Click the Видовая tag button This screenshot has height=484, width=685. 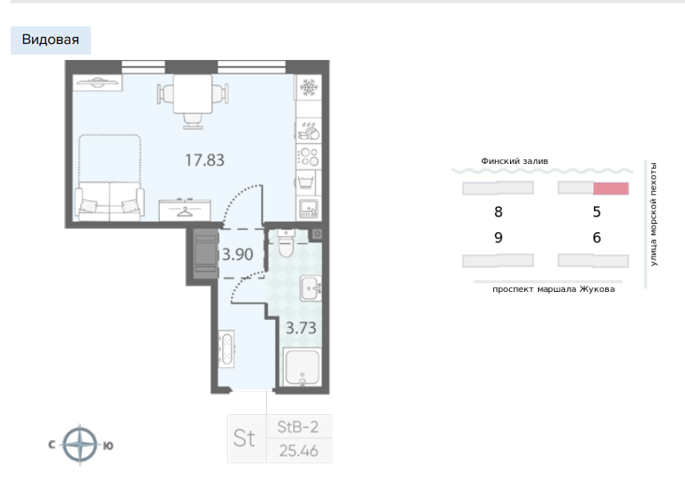[50, 40]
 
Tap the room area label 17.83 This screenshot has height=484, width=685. [205, 160]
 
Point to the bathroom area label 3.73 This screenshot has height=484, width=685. [301, 326]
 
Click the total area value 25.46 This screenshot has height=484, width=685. [299, 450]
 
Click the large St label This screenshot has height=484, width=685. [245, 438]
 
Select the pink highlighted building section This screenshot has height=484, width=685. [611, 189]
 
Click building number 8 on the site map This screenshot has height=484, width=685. [498, 213]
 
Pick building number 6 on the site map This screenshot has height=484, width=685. [596, 238]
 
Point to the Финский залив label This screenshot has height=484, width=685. [514, 161]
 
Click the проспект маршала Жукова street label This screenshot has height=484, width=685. [554, 290]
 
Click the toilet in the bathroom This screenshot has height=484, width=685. [287, 245]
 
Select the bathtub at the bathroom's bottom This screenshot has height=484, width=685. [302, 369]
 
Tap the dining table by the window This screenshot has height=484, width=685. [193, 94]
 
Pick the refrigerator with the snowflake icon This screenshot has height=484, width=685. [308, 87]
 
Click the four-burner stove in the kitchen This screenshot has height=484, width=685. [308, 156]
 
